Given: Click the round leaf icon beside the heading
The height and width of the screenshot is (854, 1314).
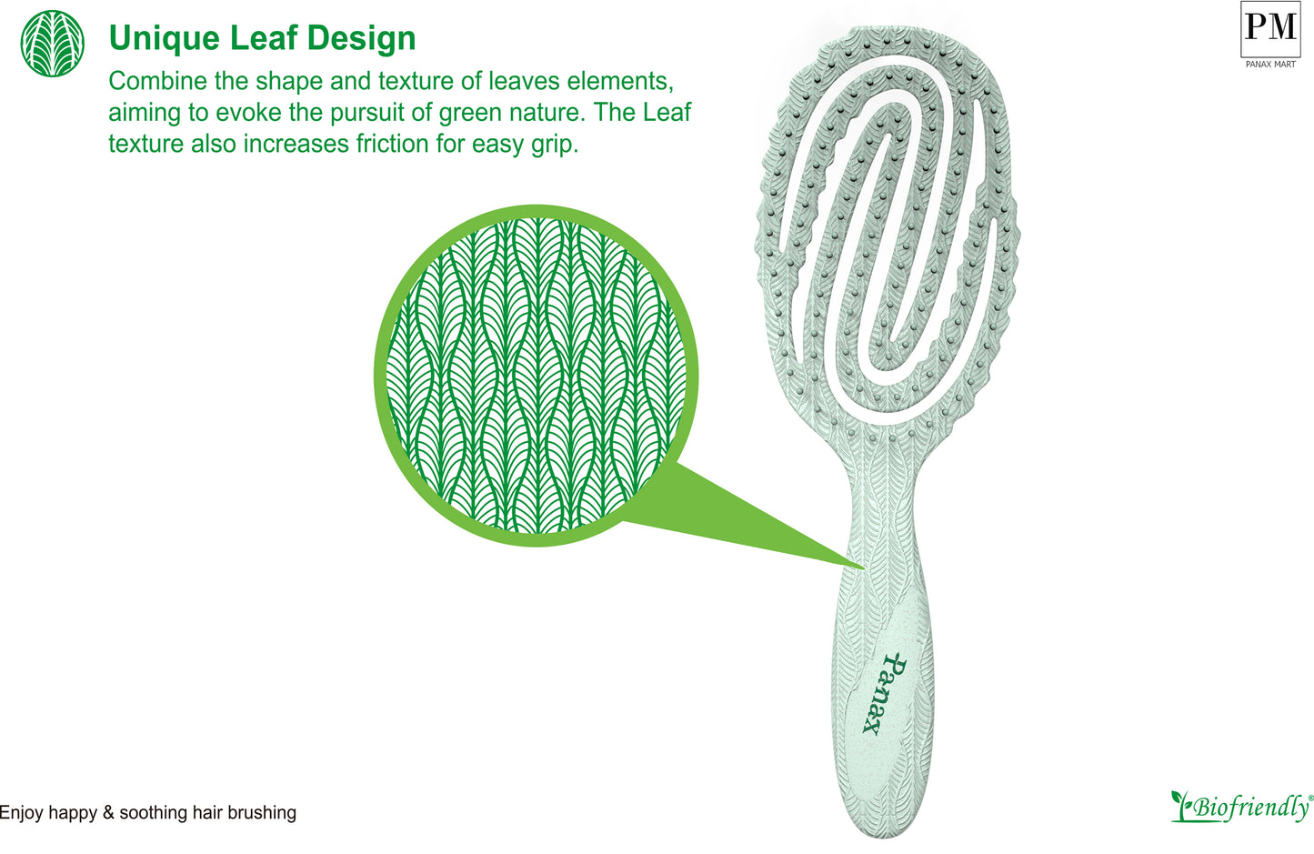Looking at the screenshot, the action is pos(52,43).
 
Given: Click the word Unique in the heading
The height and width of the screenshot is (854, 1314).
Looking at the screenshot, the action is pos(165,39).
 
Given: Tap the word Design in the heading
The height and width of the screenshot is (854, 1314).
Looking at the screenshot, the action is pos(361,38).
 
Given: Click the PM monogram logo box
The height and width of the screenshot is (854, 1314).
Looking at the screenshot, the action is pos(1270,29).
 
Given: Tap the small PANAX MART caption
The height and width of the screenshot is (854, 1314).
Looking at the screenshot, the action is pos(1270,65).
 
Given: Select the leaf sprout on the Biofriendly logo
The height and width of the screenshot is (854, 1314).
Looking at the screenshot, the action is pos(1180,805).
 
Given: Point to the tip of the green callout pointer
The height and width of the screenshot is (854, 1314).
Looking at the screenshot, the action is pos(865,568).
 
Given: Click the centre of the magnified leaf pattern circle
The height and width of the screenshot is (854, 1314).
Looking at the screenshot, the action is pos(537,376).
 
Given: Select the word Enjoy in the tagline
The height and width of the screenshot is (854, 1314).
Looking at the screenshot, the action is pos(21,813).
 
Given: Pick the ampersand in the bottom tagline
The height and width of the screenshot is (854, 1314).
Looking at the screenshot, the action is pos(108,812).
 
